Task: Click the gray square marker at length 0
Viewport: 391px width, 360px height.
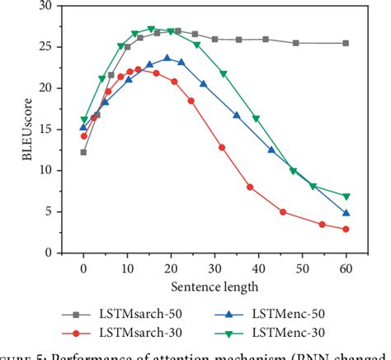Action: pyautogui.click(x=83, y=152)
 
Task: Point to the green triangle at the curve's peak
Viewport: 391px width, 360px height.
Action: pyautogui.click(x=151, y=29)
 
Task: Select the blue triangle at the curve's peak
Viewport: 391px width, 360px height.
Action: pyautogui.click(x=167, y=58)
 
